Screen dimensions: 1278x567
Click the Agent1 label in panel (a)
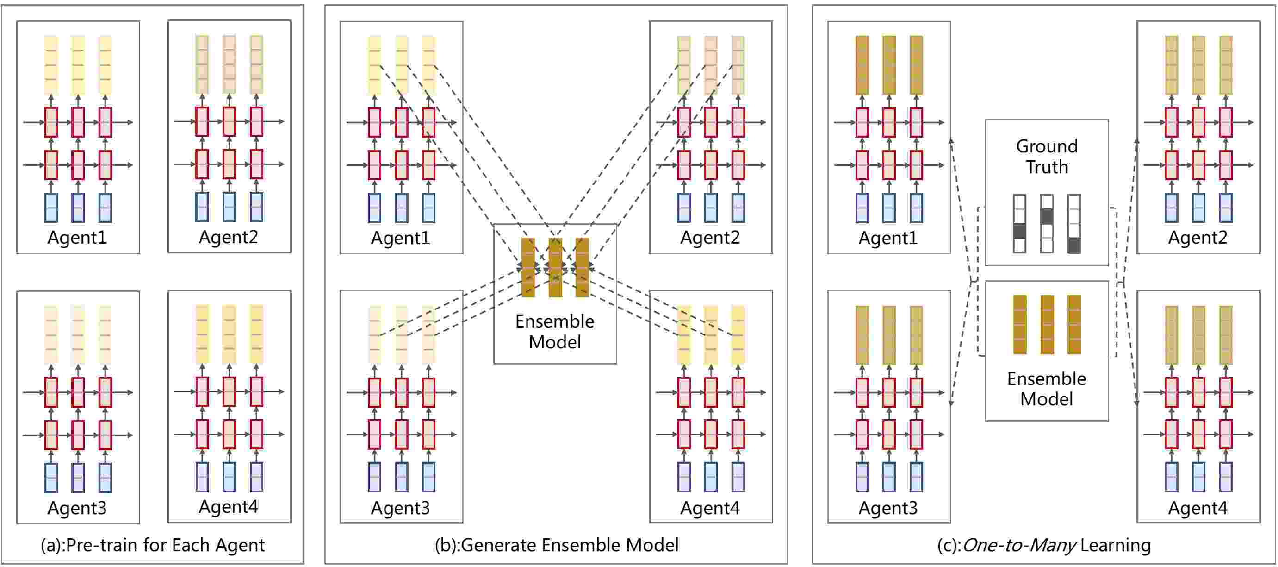(77, 237)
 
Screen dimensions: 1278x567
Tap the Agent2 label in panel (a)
(228, 237)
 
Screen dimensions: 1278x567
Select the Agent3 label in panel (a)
(77, 507)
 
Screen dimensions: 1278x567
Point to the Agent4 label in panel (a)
(228, 506)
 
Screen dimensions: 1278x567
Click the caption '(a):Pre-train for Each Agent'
(152, 545)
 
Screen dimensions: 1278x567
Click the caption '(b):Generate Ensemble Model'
(556, 545)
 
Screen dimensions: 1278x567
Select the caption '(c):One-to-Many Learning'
(1044, 545)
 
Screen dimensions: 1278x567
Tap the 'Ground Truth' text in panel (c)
(1047, 157)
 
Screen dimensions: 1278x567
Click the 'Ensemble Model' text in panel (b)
(555, 332)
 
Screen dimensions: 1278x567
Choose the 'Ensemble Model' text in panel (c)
(1046, 389)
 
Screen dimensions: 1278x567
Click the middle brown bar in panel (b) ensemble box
(555, 268)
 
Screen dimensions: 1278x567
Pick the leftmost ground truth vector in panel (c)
(1019, 224)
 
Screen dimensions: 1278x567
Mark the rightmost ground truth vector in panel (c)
(1073, 224)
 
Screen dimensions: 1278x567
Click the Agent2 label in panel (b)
(710, 237)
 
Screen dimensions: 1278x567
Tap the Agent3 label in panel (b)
(400, 507)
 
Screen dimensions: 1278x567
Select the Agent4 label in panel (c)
(1197, 507)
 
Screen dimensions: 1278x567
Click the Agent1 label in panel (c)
(888, 238)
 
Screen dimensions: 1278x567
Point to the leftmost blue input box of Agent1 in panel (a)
(51, 208)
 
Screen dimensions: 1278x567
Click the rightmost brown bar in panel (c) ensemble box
(1073, 325)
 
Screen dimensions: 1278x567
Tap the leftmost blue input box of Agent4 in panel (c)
(1171, 477)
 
